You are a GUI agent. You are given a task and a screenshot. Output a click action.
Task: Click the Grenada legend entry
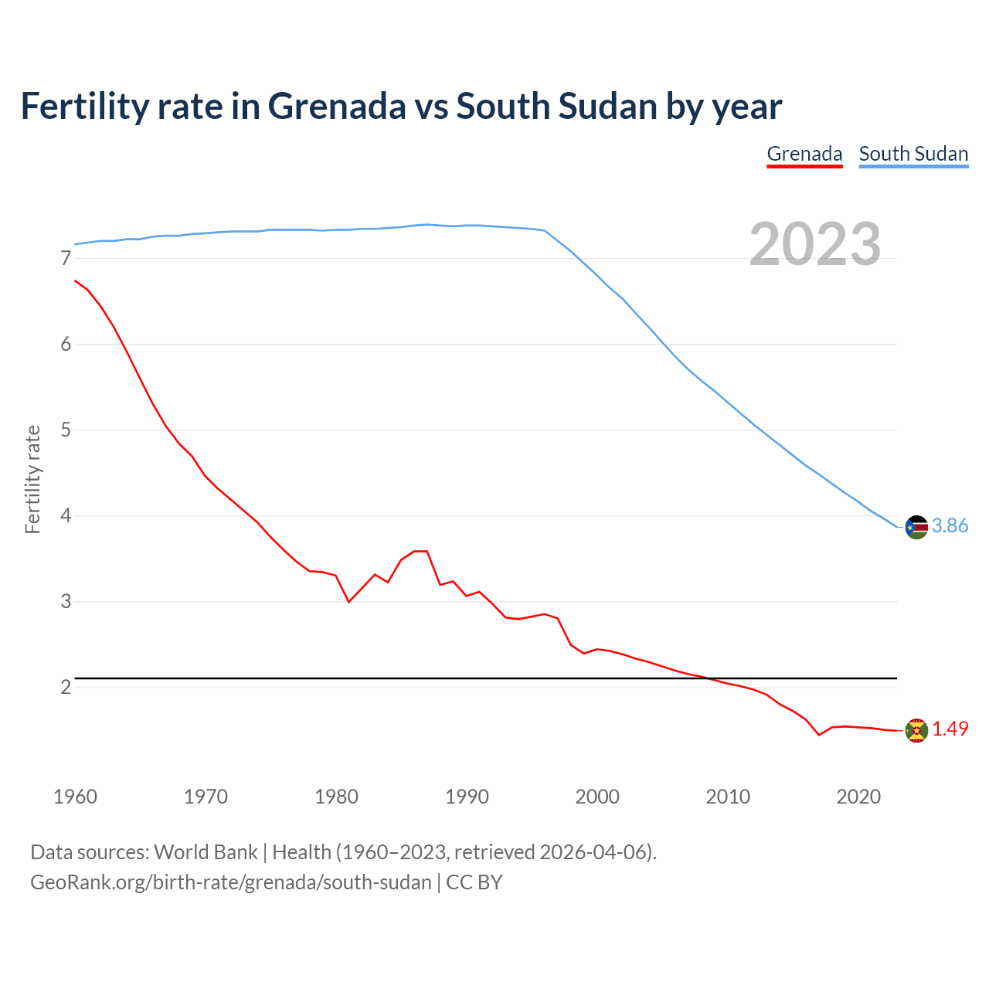804,154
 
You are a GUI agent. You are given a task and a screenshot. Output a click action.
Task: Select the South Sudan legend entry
913,154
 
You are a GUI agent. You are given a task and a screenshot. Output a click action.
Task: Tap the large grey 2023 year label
815,244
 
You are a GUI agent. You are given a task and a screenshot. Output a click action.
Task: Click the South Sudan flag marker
916,527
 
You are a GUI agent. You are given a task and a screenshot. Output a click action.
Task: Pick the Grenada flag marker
916,730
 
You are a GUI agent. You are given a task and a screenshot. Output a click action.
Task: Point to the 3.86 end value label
950,526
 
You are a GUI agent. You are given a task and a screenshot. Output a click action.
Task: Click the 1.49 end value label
950,729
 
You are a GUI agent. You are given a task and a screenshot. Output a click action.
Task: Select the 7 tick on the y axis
66,259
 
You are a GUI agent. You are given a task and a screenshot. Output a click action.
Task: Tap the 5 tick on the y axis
66,430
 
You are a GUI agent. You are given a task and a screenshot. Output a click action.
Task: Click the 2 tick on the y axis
66,687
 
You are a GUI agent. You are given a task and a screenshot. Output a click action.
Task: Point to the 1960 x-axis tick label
75,797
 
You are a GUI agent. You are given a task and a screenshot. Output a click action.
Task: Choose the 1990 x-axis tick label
467,797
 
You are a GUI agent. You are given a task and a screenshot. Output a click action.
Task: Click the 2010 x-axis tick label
728,797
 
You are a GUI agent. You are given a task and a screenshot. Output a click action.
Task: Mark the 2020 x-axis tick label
858,797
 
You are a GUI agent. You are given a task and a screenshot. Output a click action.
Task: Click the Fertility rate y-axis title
32,479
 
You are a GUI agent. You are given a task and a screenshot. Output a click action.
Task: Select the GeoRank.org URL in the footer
230,882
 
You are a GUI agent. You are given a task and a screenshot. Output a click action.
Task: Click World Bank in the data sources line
206,852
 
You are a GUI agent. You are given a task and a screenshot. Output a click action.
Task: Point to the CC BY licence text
474,882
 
